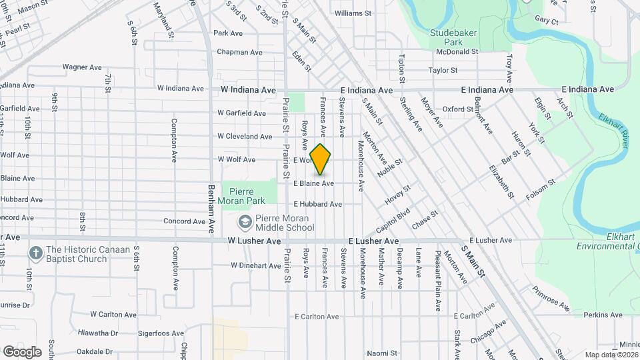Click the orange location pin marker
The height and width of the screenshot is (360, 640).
(321, 159)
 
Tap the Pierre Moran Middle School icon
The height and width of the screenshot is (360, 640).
(245, 221)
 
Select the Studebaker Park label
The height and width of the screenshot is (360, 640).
(451, 37)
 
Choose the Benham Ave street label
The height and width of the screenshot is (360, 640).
(211, 208)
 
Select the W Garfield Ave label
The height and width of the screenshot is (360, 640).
(241, 113)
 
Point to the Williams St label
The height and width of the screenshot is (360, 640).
(353, 13)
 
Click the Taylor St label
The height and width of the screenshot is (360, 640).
(443, 70)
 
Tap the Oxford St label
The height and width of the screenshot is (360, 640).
(457, 109)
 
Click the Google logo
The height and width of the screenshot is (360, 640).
(22, 351)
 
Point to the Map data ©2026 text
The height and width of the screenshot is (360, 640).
(610, 355)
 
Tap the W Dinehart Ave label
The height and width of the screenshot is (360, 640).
(256, 265)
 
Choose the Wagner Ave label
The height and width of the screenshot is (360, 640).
(81, 67)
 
